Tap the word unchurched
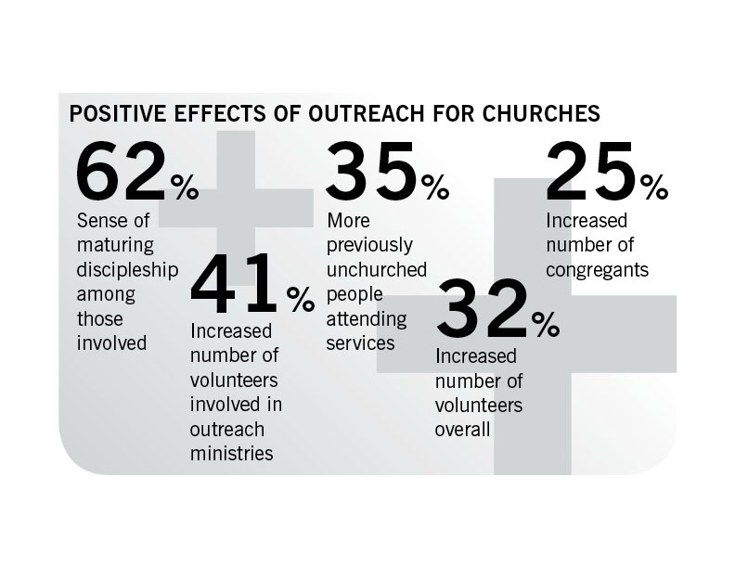(377, 270)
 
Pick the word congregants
(596, 270)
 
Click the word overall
(462, 430)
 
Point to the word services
(361, 343)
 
